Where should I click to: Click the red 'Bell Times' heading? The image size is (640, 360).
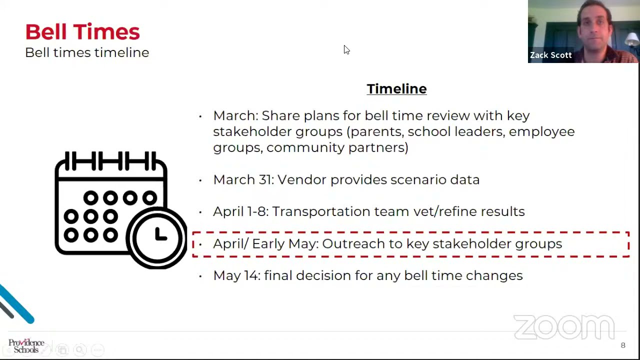point(82,31)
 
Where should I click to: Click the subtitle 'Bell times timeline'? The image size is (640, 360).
point(87,52)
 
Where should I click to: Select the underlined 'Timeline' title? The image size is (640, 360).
point(396,89)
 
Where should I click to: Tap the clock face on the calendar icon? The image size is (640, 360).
point(157,236)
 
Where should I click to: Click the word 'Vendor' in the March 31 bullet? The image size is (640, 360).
point(301,179)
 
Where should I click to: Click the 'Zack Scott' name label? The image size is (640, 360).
point(550,55)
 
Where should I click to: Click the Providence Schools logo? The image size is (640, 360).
point(26,345)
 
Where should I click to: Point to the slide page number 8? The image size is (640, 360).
point(623,345)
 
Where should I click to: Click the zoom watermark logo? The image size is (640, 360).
point(564,327)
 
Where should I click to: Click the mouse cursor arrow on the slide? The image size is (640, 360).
point(346,49)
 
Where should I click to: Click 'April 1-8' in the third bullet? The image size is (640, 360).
point(240,211)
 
